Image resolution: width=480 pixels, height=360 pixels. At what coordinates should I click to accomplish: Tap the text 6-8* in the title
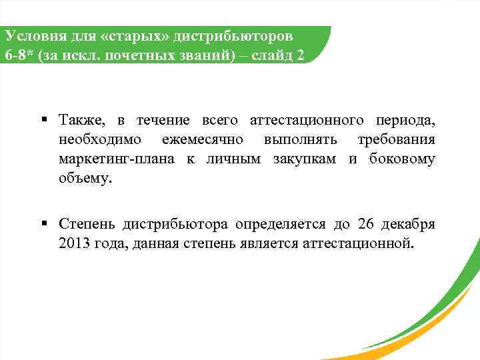coord(19,55)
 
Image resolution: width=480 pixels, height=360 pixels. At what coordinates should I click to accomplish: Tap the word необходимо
coord(99,140)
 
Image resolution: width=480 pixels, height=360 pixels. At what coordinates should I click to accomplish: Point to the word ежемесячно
coord(203,140)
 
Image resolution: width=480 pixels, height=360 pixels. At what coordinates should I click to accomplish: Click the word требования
coord(396,140)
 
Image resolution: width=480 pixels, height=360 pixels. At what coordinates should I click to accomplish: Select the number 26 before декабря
coord(367,223)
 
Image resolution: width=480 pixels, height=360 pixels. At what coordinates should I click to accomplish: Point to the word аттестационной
coord(359,242)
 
